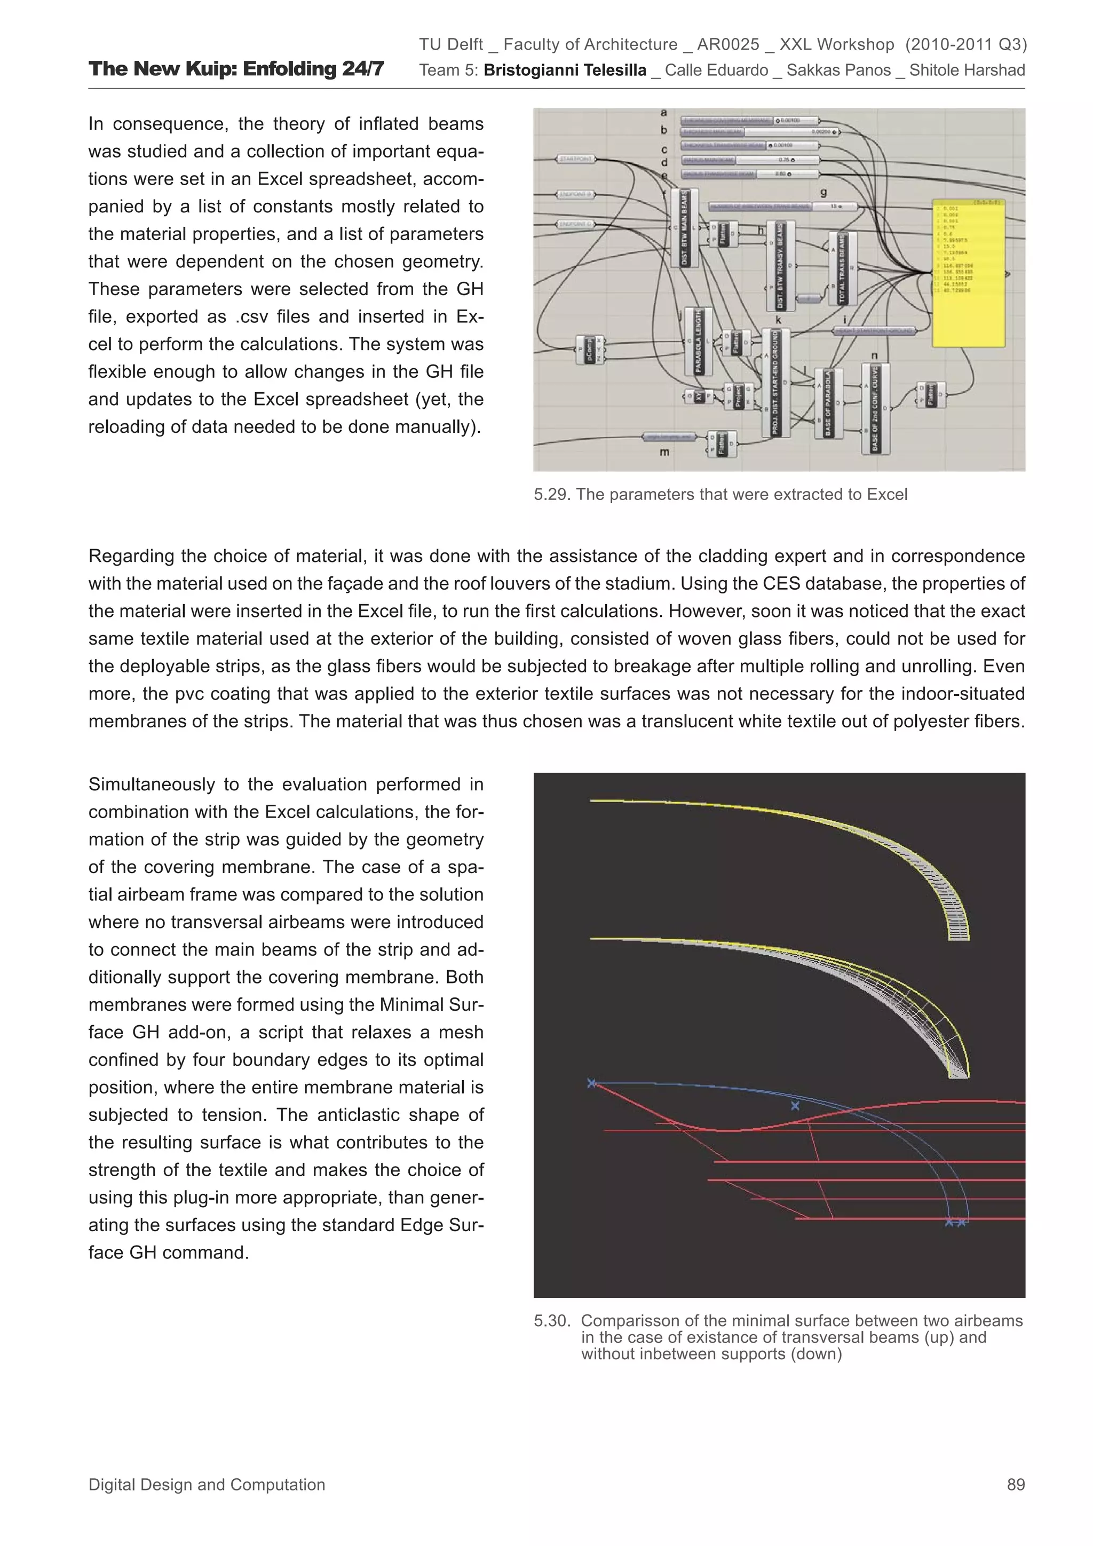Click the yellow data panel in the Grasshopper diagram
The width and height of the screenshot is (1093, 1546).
click(x=969, y=273)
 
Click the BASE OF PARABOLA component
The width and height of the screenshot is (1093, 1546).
click(x=828, y=403)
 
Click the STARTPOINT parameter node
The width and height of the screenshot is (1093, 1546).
click(x=576, y=160)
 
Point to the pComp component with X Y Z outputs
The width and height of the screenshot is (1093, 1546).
click(x=589, y=350)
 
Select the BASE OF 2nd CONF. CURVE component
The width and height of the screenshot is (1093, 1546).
click(x=875, y=408)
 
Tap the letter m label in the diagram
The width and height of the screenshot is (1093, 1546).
click(x=664, y=452)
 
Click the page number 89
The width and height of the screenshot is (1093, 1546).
click(x=1016, y=1485)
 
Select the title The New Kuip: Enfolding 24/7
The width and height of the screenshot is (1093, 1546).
click(x=236, y=69)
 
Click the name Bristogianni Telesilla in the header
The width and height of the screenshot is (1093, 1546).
click(x=564, y=70)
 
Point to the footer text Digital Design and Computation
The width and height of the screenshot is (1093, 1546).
click(x=207, y=1485)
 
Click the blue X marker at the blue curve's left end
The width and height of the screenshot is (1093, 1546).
click(x=591, y=1083)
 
